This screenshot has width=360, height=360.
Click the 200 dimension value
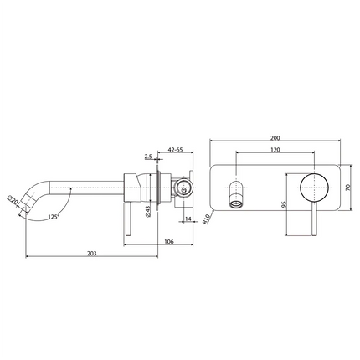click(275, 138)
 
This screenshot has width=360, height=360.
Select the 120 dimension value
click(275, 150)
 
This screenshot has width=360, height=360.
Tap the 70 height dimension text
click(347, 188)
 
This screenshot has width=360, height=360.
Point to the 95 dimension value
click(284, 204)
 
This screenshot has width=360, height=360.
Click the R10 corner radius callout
click(206, 219)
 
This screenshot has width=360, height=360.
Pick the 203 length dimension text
click(91, 254)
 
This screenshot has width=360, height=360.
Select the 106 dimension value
click(169, 242)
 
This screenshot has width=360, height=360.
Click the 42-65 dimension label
click(175, 150)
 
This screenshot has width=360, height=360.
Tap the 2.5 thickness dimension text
click(148, 157)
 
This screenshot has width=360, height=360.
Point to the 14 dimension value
click(188, 219)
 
